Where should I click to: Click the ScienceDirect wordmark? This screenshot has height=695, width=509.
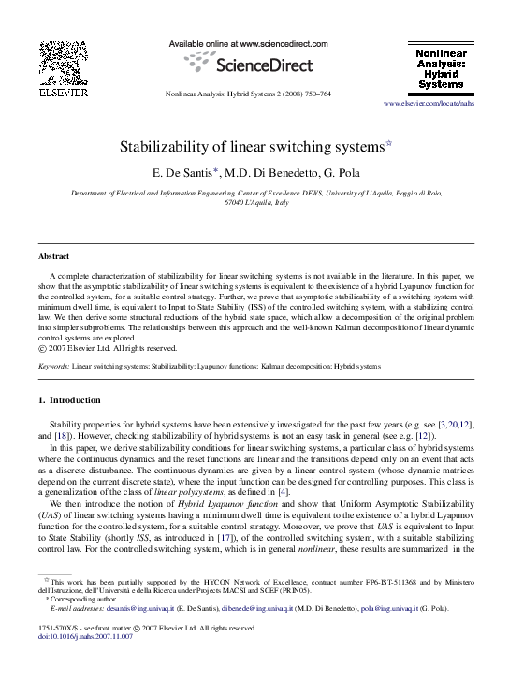tap(254, 66)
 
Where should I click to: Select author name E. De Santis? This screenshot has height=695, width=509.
tap(187, 172)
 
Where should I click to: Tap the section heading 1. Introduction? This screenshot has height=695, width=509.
tap(68, 400)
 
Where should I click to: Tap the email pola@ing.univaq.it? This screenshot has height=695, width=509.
tap(392, 607)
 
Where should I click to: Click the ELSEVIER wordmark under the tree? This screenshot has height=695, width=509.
tap(63, 93)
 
